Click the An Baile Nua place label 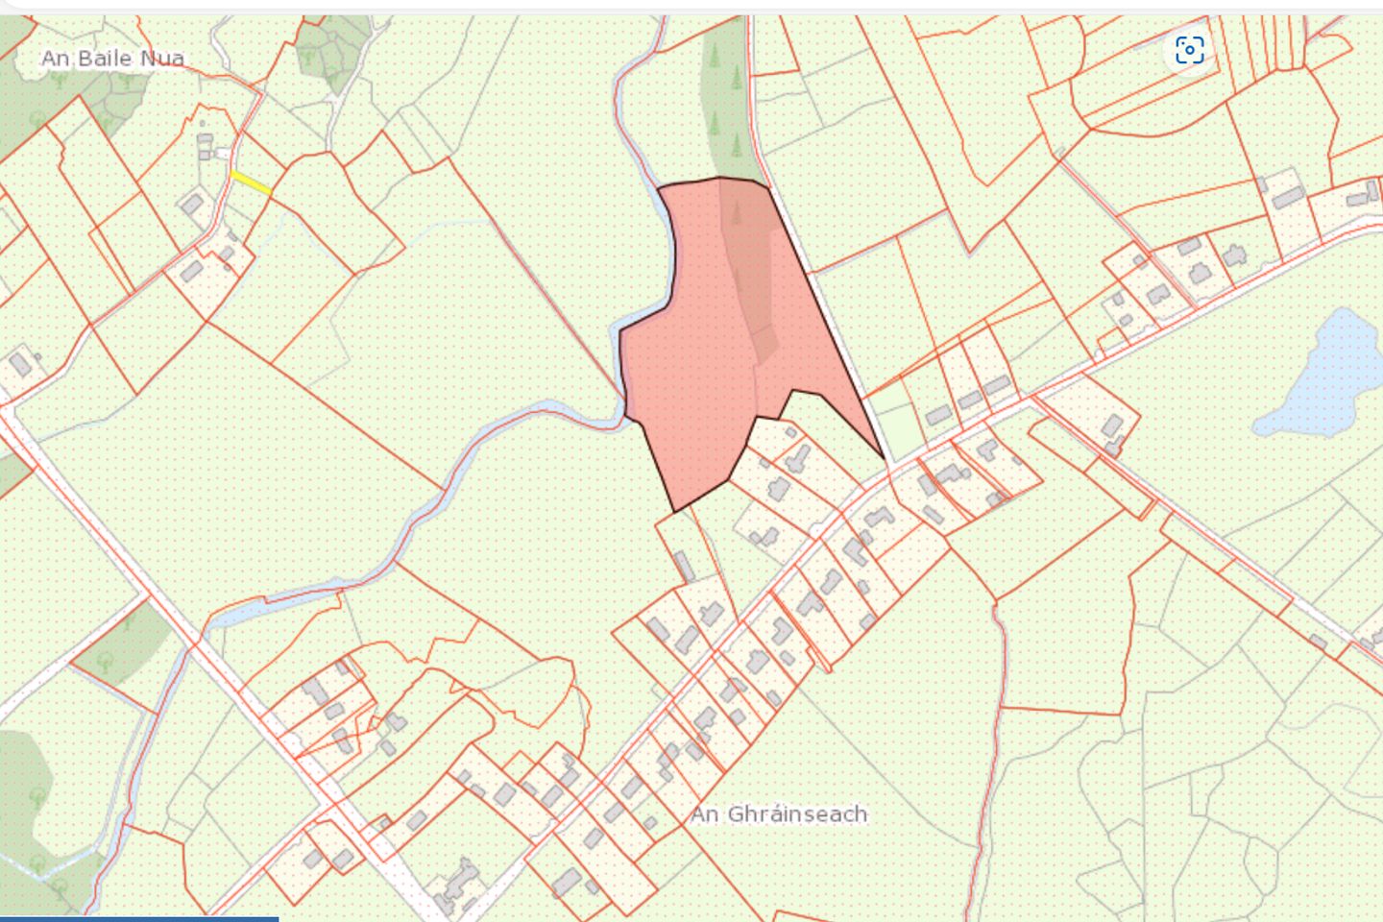(x=112, y=59)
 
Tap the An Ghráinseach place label (x=779, y=814)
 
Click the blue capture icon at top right (x=1189, y=50)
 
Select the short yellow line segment (x=251, y=182)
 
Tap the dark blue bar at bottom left (x=139, y=918)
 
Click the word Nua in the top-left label (x=162, y=59)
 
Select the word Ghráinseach (x=797, y=814)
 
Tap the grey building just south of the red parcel (x=684, y=566)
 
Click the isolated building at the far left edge (x=20, y=364)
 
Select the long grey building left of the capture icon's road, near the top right (x=1288, y=198)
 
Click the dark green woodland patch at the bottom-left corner (x=24, y=768)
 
